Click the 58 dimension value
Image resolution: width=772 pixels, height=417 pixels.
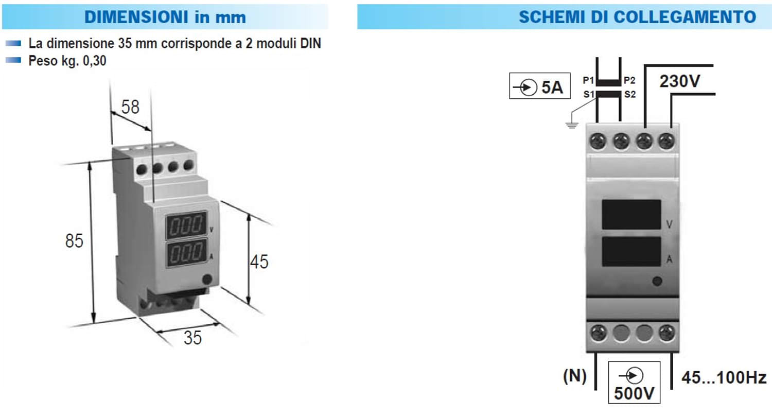(130, 107)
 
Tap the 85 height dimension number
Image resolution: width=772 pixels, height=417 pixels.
(74, 240)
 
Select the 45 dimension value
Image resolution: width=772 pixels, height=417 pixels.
(259, 262)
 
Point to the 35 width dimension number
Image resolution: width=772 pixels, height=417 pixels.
(192, 338)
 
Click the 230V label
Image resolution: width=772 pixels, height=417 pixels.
(680, 81)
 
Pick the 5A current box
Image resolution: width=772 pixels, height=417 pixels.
(540, 86)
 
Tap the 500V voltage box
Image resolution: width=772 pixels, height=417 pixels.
(634, 382)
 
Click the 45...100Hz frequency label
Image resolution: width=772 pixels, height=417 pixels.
(724, 378)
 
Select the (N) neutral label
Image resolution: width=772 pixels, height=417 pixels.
(574, 376)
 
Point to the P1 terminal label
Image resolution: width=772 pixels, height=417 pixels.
(588, 80)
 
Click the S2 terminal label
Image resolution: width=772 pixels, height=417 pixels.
(630, 94)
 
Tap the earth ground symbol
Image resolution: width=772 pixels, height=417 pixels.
(572, 125)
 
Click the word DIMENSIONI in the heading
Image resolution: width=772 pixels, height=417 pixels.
(136, 17)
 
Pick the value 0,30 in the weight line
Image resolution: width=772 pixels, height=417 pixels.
(94, 61)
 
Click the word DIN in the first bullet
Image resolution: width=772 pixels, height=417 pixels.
(310, 43)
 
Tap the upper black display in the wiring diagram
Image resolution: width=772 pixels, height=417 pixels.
(631, 214)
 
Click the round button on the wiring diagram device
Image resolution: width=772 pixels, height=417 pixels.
(657, 281)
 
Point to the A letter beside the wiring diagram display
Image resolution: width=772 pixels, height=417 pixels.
(669, 259)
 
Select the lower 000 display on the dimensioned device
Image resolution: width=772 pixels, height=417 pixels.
(186, 253)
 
